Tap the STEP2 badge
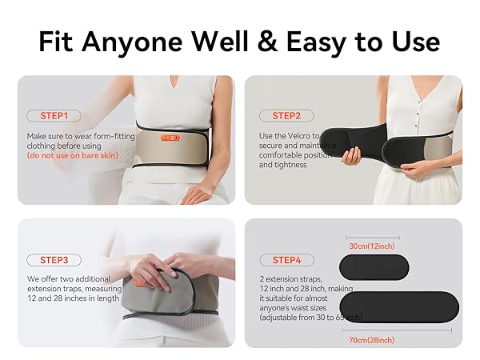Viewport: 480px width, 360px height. point(286,116)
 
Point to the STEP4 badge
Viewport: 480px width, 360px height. point(286,260)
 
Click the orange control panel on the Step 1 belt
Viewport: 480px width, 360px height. point(170,138)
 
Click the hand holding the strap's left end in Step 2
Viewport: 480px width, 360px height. point(353,154)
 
